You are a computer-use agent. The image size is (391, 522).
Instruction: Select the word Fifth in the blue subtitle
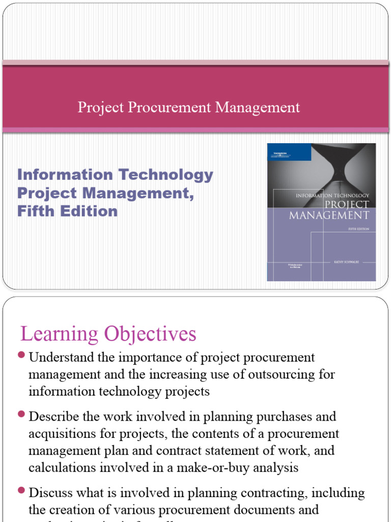(x=34, y=211)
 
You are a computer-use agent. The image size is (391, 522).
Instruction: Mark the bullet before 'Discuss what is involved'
(x=21, y=490)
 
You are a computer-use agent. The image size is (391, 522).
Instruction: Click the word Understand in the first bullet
(x=58, y=358)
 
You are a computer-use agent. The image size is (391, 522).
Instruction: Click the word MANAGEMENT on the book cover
(x=329, y=215)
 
